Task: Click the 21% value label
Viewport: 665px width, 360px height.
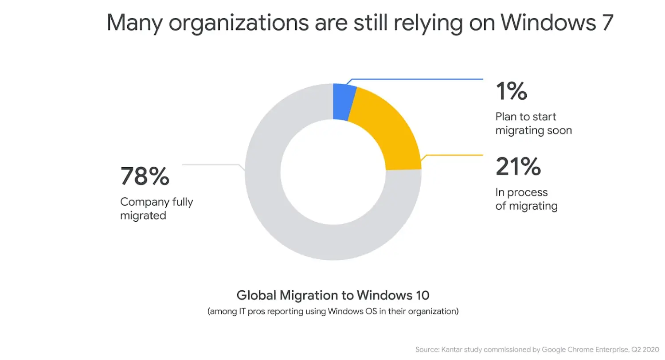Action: (x=518, y=166)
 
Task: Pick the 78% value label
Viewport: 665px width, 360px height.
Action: (x=145, y=176)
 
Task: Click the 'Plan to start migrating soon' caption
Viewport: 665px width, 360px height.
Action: (x=533, y=124)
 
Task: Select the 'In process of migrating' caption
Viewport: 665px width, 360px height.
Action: (x=526, y=199)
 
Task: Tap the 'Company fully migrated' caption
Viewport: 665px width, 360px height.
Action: (x=156, y=209)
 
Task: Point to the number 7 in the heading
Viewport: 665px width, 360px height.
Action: (x=606, y=23)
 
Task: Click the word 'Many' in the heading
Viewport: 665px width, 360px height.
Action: (x=134, y=23)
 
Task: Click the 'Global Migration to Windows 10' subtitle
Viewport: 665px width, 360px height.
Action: (x=332, y=295)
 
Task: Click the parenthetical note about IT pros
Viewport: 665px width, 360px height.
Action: (x=332, y=311)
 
